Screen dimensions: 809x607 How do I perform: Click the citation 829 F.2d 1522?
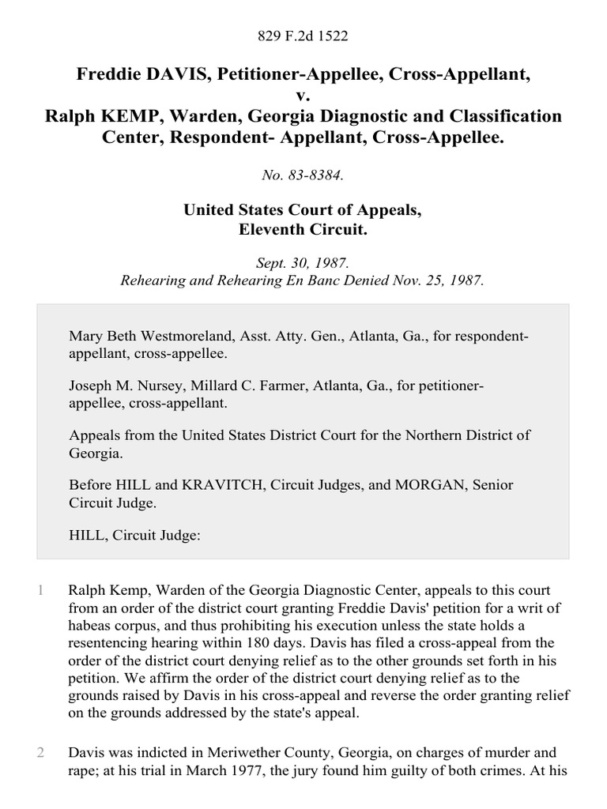tap(303, 35)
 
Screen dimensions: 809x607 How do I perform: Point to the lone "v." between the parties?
tap(303, 96)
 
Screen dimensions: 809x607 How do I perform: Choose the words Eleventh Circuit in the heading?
tap(303, 229)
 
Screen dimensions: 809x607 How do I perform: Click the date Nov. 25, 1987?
tap(435, 280)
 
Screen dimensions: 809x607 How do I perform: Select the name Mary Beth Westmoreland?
tap(149, 337)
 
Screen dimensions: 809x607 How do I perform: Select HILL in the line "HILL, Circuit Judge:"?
tap(86, 534)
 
